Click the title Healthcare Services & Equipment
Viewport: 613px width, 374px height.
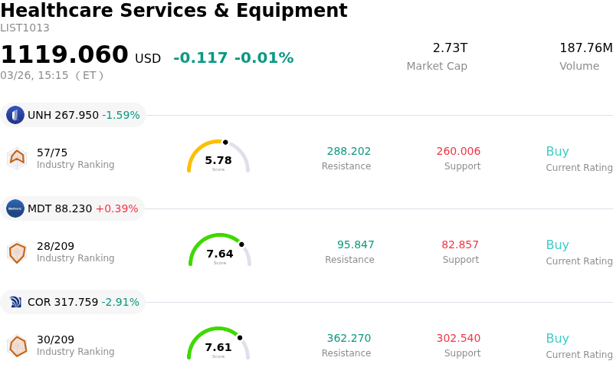click(x=174, y=11)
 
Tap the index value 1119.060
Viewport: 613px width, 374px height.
click(x=64, y=55)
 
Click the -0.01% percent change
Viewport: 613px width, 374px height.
click(x=264, y=58)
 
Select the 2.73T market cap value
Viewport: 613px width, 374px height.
click(x=450, y=48)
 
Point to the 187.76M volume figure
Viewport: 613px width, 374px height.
click(x=585, y=48)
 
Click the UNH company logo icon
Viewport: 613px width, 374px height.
click(x=15, y=115)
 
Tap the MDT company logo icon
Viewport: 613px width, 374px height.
click(x=15, y=208)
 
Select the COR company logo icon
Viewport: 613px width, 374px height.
click(x=15, y=302)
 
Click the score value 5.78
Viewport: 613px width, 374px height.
click(x=218, y=160)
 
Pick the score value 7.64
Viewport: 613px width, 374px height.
click(x=220, y=254)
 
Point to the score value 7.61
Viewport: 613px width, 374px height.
click(x=218, y=347)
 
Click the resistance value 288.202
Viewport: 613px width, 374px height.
click(x=349, y=152)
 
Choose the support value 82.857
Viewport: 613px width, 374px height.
click(x=460, y=245)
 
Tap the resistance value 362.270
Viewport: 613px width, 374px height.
click(x=349, y=339)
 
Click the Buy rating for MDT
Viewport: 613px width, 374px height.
click(x=557, y=245)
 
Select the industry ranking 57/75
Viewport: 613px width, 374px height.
click(x=52, y=152)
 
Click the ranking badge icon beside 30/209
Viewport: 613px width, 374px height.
click(x=17, y=346)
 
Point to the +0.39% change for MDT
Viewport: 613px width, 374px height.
click(x=116, y=208)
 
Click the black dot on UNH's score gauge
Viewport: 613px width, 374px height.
click(x=225, y=142)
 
